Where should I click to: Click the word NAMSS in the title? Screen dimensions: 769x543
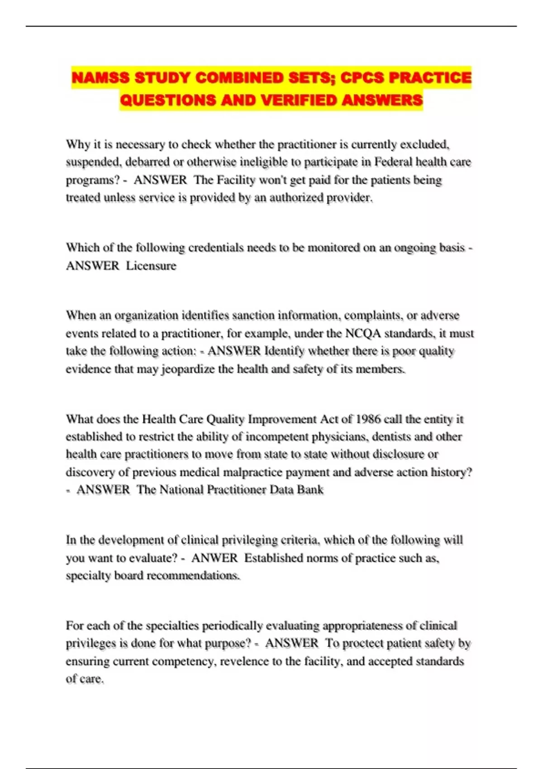pos(100,78)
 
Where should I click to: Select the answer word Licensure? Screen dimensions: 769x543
pos(151,266)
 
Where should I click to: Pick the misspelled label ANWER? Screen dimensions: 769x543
pos(214,558)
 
